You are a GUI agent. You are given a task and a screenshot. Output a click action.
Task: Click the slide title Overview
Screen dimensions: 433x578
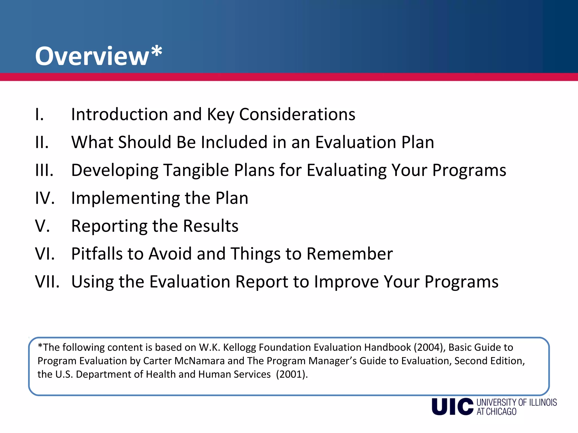click(92, 56)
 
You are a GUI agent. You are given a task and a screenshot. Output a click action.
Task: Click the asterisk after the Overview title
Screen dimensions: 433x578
click(157, 51)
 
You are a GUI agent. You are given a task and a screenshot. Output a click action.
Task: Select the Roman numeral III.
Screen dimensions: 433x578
click(44, 170)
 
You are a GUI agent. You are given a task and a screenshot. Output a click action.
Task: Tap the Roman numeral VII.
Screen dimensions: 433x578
click(47, 282)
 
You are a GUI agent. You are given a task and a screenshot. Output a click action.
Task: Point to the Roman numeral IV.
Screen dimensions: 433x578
click(45, 198)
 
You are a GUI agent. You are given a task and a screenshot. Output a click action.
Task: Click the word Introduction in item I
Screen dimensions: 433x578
click(119, 114)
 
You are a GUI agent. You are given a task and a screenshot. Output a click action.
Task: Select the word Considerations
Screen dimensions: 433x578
click(297, 114)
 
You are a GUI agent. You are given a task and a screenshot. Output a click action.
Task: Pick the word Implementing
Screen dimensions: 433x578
click(125, 198)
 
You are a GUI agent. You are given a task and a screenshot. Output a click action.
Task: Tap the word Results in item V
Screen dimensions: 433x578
click(211, 226)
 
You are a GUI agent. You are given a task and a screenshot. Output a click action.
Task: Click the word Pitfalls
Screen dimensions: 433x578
click(97, 254)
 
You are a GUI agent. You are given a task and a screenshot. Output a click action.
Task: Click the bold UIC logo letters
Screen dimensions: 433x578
click(452, 407)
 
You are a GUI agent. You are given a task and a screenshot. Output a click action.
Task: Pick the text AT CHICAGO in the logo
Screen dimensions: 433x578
click(496, 412)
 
